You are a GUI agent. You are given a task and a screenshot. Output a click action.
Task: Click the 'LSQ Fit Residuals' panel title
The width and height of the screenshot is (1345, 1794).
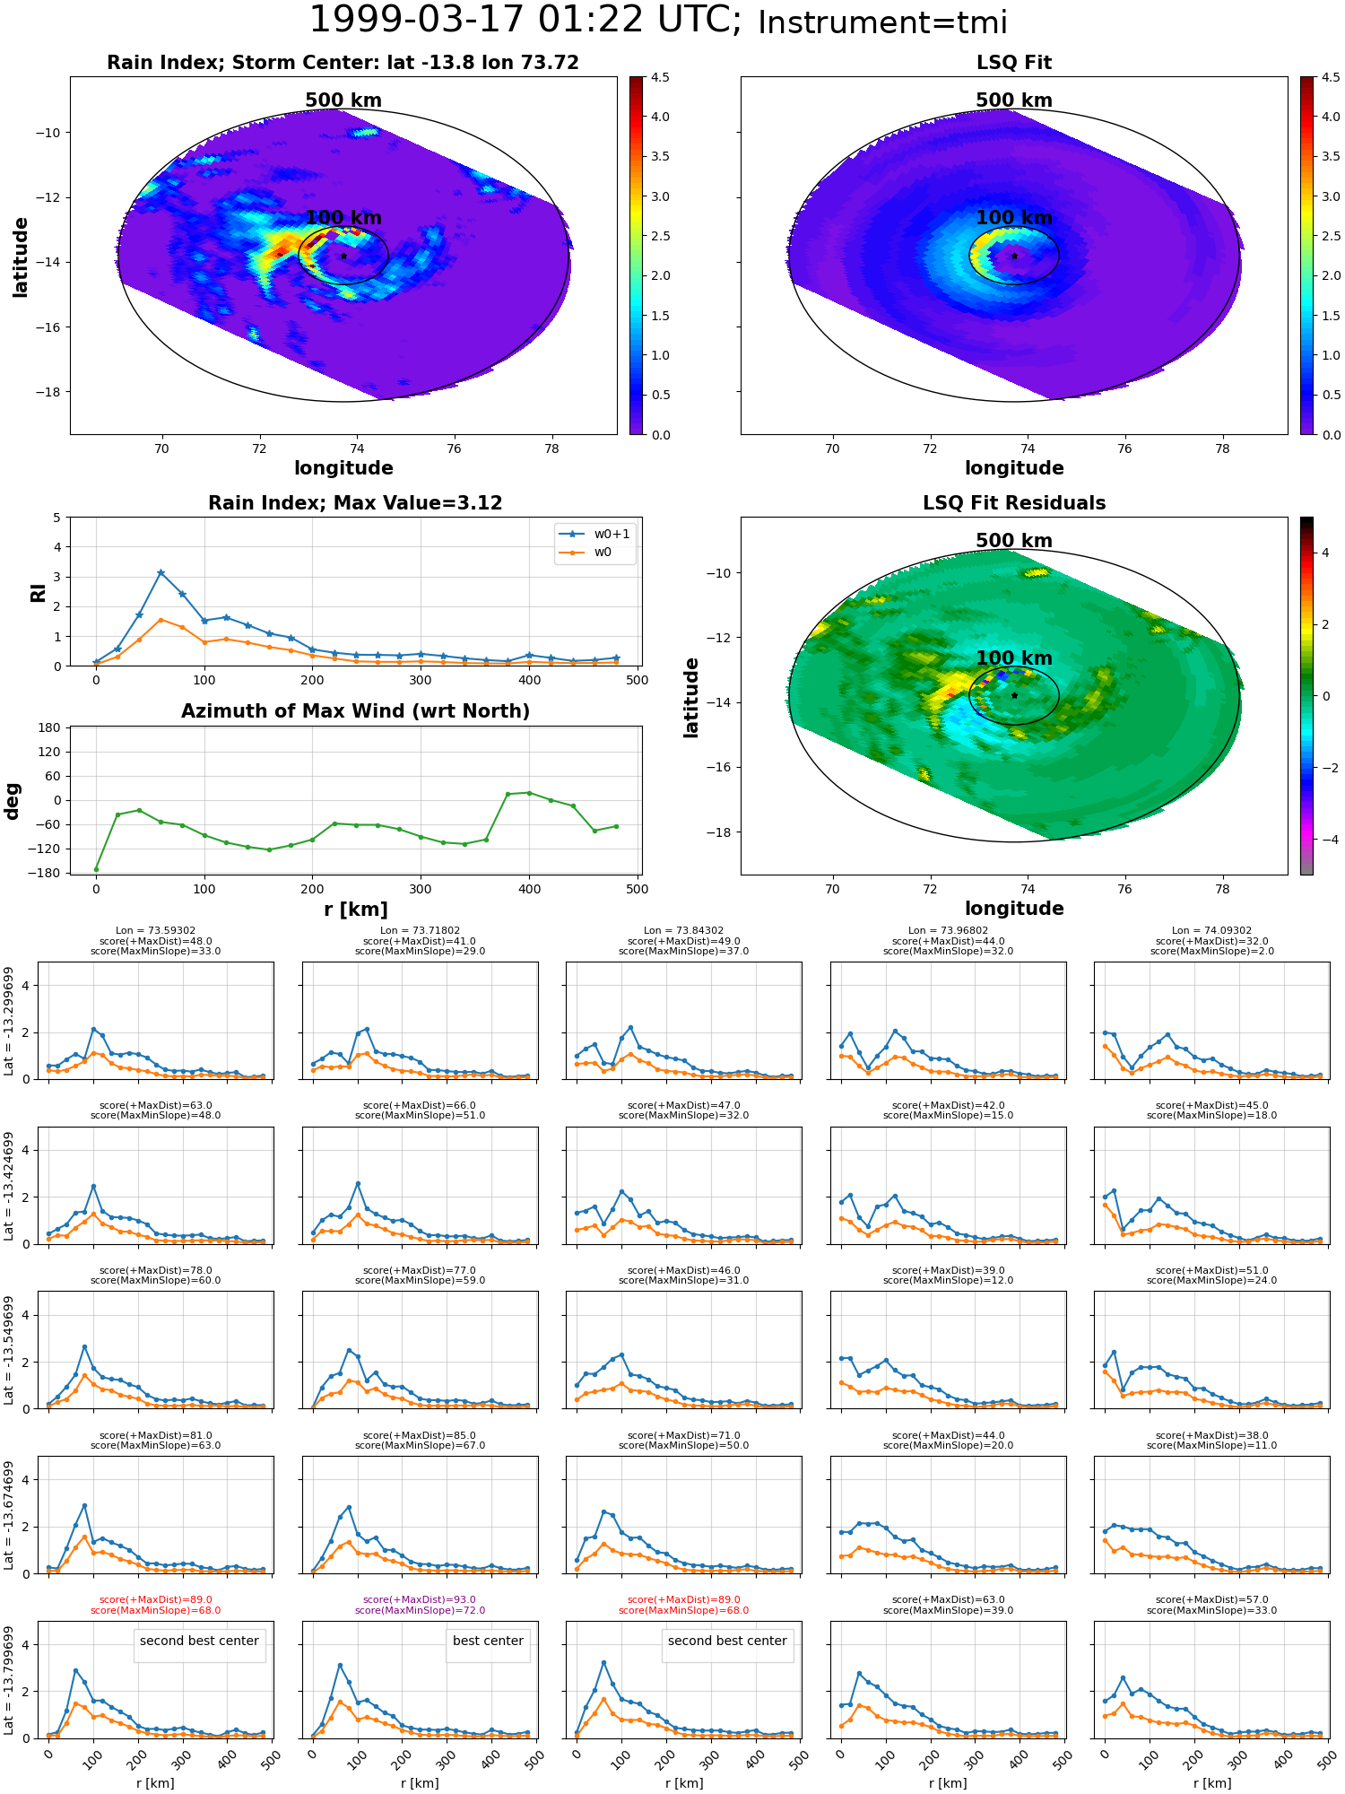point(1014,503)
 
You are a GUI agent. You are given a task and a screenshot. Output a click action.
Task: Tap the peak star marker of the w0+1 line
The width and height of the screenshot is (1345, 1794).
point(161,572)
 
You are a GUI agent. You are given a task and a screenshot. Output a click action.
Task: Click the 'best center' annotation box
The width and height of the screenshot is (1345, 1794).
point(488,1641)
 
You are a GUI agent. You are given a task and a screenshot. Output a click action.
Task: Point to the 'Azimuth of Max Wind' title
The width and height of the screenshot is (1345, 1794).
point(355,711)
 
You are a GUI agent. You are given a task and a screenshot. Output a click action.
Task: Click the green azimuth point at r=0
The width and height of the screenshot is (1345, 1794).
point(96,869)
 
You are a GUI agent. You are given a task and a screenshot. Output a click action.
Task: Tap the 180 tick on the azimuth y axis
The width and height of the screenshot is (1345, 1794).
point(50,727)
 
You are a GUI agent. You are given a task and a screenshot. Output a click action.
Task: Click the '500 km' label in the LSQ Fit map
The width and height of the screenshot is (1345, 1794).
point(1014,100)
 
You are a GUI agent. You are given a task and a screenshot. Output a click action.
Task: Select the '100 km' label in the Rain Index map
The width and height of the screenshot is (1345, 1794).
point(343,218)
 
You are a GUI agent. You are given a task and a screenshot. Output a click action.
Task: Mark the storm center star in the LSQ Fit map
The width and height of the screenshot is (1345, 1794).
point(1014,256)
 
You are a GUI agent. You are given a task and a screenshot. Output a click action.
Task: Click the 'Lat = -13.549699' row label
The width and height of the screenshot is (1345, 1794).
point(9,1350)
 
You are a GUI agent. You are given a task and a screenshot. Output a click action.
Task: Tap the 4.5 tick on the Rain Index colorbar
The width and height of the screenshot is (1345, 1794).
point(660,78)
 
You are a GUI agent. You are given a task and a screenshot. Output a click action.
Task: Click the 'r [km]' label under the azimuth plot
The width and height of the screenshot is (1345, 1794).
point(355,910)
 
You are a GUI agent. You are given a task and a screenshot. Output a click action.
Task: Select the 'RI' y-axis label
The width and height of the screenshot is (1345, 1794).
point(39,593)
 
